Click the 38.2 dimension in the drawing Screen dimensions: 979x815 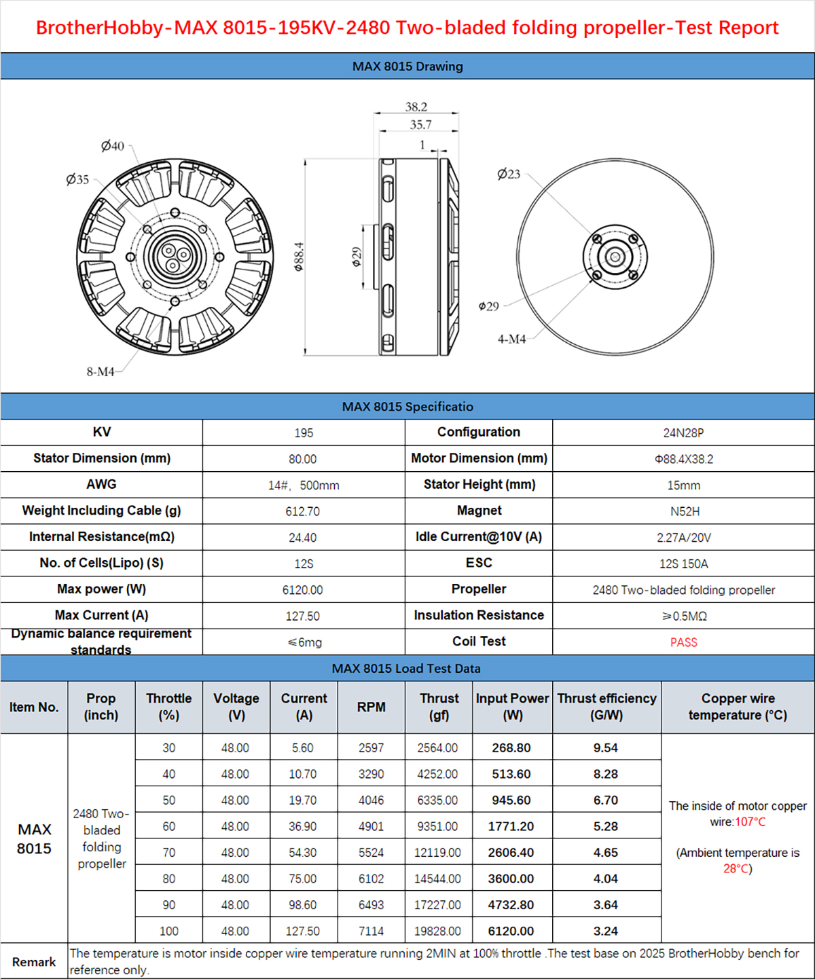click(416, 107)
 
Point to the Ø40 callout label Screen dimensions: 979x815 click(113, 146)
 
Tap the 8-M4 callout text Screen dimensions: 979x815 click(101, 371)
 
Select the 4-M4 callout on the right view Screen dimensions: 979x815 click(511, 339)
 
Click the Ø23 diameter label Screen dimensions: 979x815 click(509, 174)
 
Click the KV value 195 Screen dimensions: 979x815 click(304, 432)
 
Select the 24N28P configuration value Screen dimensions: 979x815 click(683, 432)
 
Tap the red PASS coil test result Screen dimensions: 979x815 click(683, 642)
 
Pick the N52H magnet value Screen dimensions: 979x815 click(683, 511)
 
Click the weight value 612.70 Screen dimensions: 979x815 click(302, 511)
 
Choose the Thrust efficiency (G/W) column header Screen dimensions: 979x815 click(606, 707)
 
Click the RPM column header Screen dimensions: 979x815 click(372, 707)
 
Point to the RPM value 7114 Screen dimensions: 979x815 click(372, 931)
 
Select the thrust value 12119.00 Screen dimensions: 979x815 click(437, 852)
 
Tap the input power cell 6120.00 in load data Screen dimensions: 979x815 click(511, 931)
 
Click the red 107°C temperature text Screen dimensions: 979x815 click(750, 822)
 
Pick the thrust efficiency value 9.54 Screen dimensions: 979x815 click(605, 747)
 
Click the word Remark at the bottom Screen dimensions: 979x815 click(34, 962)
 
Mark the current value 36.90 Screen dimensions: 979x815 click(303, 826)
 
